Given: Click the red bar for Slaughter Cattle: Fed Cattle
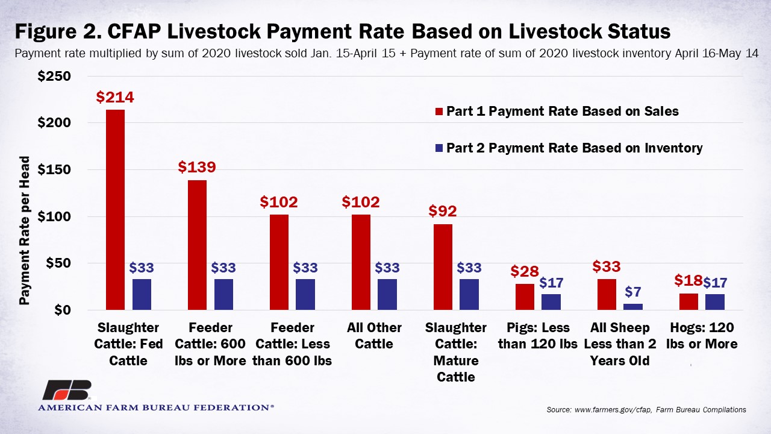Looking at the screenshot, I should pos(115,210).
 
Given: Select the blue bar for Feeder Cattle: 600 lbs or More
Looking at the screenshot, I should pos(223,295).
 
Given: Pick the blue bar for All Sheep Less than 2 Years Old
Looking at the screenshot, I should pos(632,307).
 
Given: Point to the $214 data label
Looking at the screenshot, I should pos(115,98).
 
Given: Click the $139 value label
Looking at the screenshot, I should pos(196,168).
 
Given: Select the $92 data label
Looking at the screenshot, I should pos(443,212).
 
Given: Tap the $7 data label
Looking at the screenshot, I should pos(633,292).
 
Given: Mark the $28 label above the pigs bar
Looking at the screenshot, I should pos(525,271).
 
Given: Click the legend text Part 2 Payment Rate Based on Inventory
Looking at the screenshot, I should pos(574,148).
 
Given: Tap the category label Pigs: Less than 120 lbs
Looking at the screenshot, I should pos(538,336).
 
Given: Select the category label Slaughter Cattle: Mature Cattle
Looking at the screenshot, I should pos(455,352).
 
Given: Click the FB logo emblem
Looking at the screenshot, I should pos(66,391).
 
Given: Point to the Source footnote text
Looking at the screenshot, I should pos(646,410).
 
